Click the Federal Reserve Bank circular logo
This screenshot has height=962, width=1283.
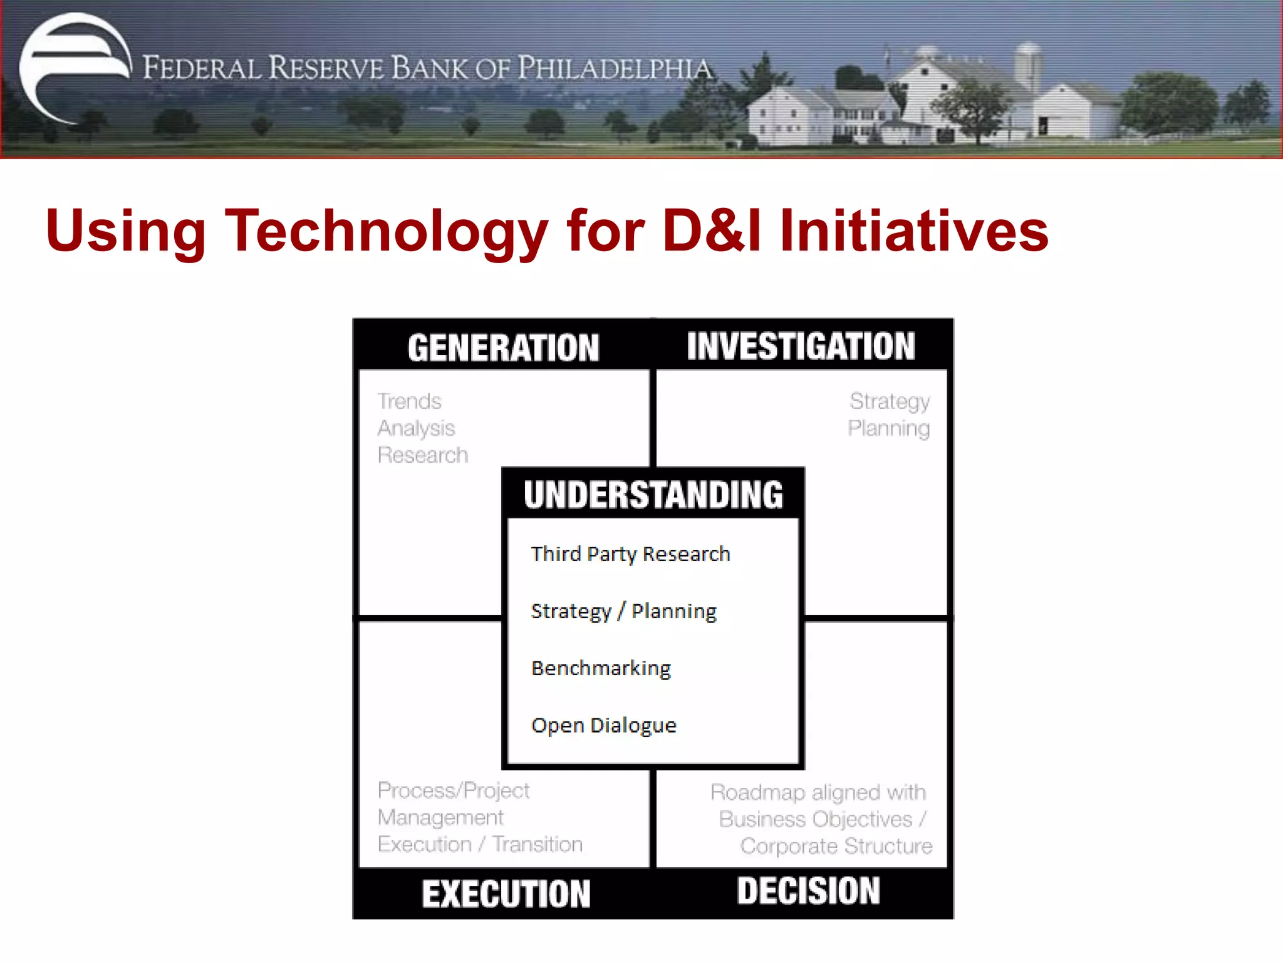[74, 68]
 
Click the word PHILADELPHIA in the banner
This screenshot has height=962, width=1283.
[615, 68]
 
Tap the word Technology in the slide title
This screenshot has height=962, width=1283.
[387, 231]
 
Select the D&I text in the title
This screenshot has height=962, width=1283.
[712, 231]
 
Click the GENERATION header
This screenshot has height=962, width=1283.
[503, 348]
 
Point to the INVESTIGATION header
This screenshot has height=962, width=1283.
[801, 346]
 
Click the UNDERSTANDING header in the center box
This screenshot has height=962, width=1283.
[653, 495]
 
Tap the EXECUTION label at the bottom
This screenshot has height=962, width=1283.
[506, 894]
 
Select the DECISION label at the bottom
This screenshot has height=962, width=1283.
[808, 891]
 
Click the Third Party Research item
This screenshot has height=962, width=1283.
[630, 554]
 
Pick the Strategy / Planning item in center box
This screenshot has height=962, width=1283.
[623, 611]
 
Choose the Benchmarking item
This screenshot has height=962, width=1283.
[601, 668]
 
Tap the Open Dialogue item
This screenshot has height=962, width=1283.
[604, 725]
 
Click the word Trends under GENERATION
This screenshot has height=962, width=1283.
[409, 401]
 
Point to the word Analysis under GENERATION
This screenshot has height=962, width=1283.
[416, 428]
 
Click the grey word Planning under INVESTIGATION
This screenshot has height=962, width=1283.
[888, 428]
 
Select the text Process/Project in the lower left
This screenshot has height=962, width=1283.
[454, 790]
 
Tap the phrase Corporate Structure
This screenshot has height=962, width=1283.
[836, 846]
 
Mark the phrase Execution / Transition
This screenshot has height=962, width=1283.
[480, 844]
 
